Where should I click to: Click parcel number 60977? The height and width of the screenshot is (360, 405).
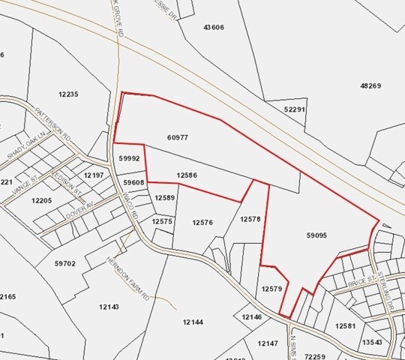(178, 138)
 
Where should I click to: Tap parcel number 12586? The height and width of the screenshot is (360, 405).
(187, 175)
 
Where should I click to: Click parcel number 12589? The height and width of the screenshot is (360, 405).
(164, 197)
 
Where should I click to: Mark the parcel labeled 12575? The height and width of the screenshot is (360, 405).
(162, 221)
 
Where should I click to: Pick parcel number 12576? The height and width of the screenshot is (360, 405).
(202, 222)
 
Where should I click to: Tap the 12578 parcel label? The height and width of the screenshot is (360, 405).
(250, 219)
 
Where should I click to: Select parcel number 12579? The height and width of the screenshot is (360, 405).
(271, 289)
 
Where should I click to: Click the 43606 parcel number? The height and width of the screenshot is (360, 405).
(214, 27)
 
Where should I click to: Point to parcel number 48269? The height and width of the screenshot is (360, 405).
(370, 86)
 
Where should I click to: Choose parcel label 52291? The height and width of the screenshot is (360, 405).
(295, 109)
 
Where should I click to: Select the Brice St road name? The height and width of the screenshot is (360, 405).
(361, 285)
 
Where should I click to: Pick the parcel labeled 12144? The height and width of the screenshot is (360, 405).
(193, 322)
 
